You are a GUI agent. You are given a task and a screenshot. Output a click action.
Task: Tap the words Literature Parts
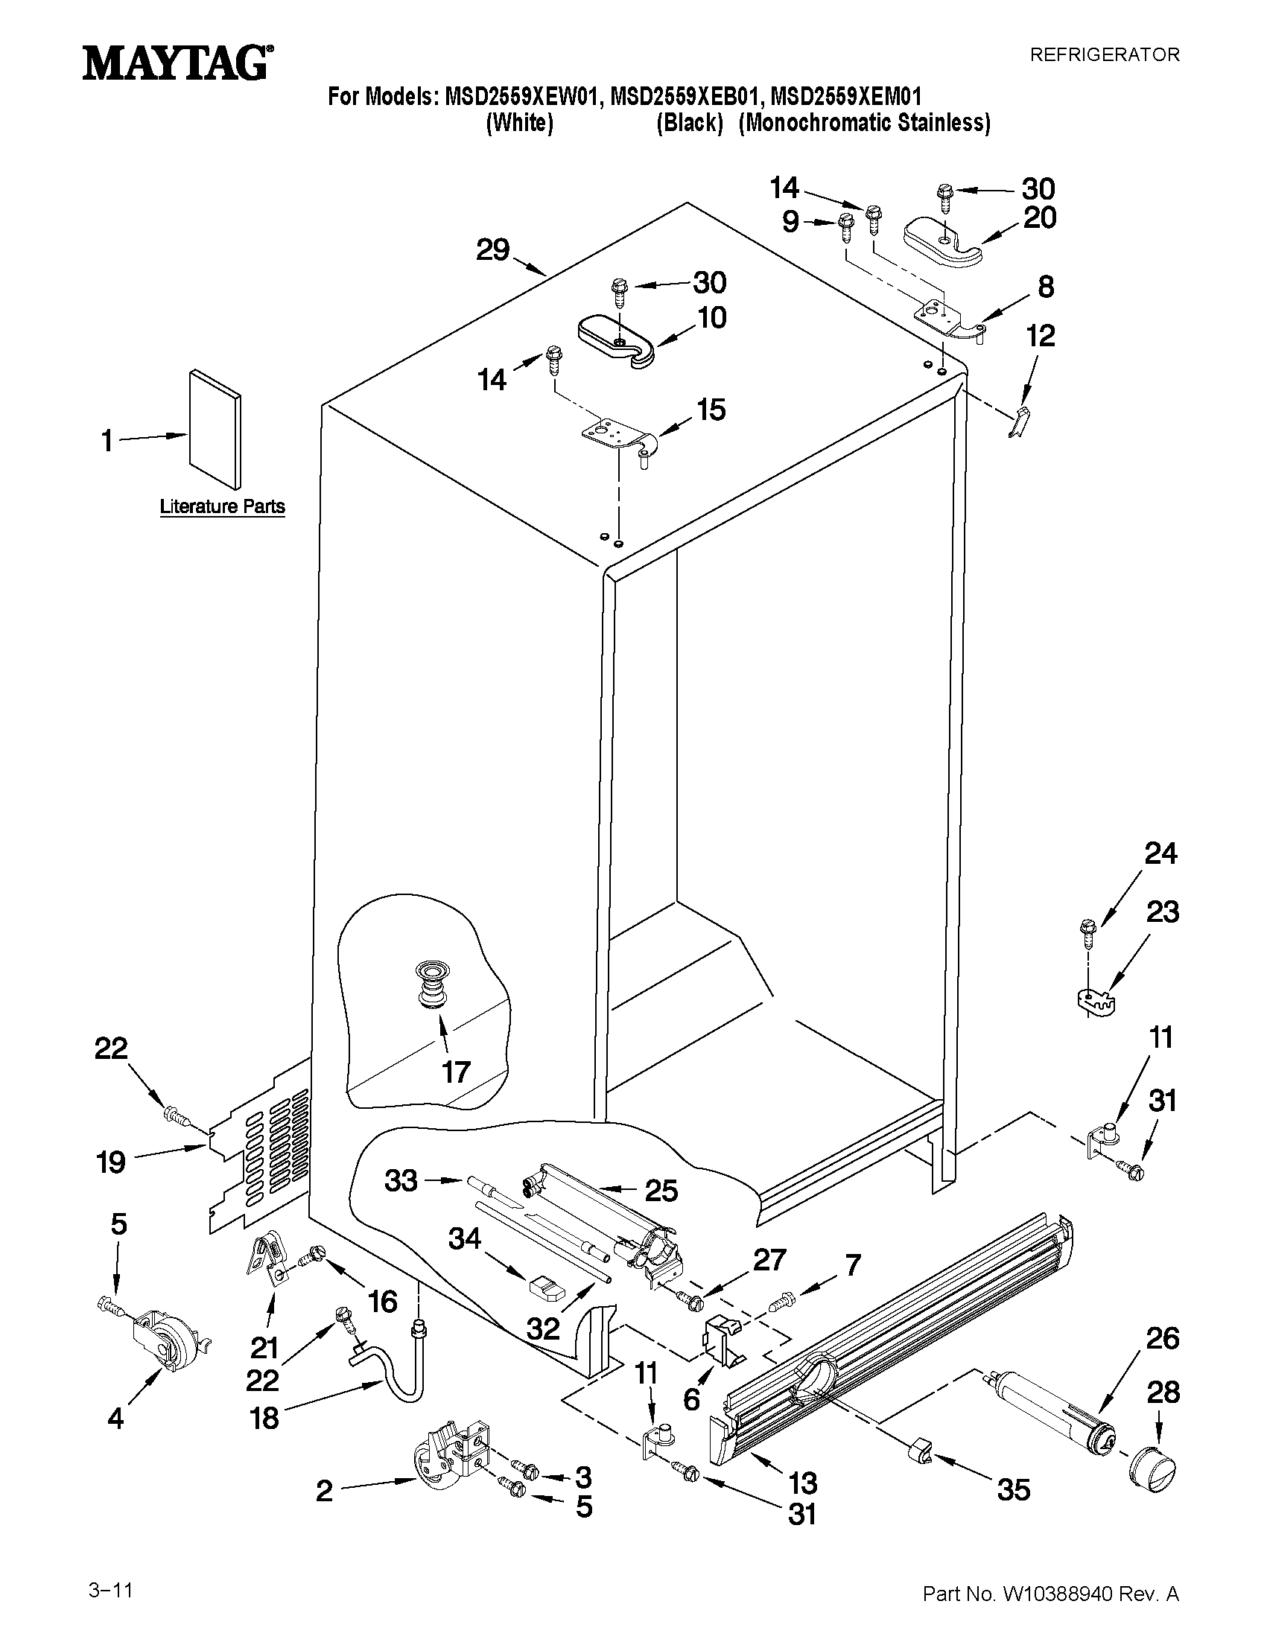pos(222,506)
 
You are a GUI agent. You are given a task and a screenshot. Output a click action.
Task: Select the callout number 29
pos(493,250)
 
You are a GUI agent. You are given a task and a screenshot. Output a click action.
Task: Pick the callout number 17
pos(456,1072)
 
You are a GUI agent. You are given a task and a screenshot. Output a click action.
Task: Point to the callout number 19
pos(111,1162)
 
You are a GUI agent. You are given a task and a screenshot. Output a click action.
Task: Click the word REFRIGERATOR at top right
pos(1104,55)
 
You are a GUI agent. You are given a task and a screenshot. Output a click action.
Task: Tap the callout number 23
pos(1162,912)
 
